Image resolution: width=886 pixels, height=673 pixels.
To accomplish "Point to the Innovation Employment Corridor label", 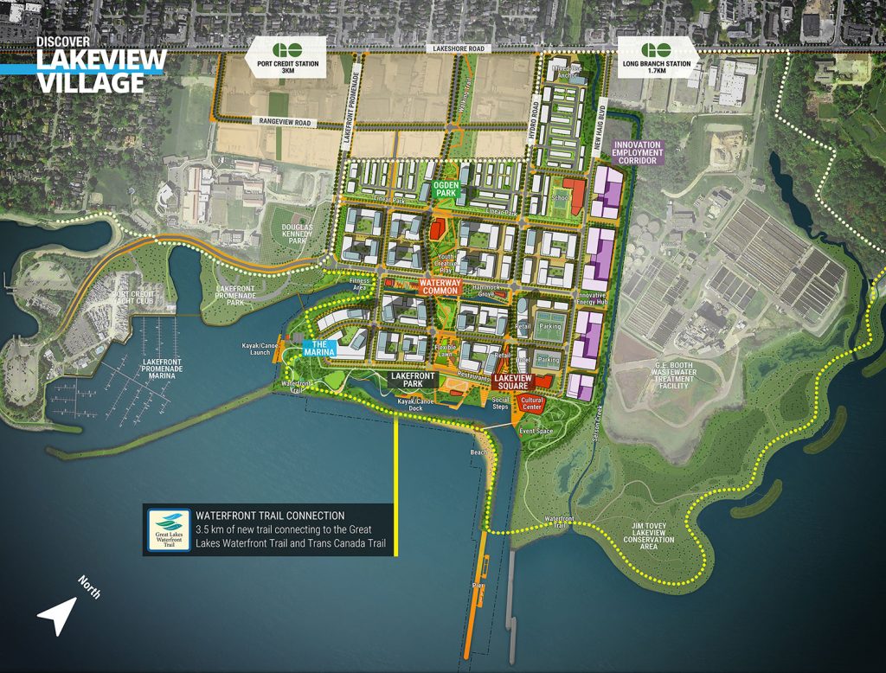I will [x=637, y=152].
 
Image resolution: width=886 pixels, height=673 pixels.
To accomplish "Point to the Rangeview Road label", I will [x=282, y=123].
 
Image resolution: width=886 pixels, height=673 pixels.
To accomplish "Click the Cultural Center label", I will [x=531, y=403].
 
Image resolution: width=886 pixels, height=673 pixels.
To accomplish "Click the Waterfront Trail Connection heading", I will [x=270, y=515].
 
